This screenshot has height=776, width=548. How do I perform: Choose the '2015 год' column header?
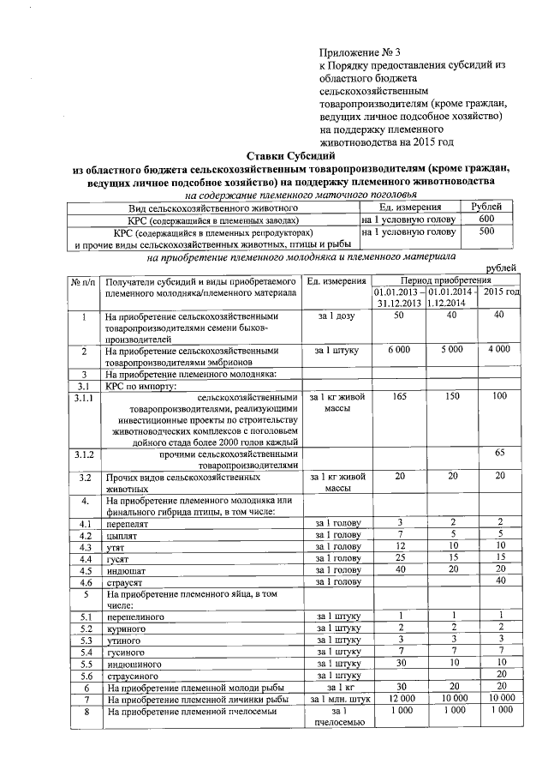point(502,293)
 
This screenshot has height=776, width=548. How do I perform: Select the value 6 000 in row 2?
point(398,350)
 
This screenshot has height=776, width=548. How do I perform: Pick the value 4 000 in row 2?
point(498,350)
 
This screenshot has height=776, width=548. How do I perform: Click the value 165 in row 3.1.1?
point(398,397)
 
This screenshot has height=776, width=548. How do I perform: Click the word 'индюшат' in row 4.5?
point(126,570)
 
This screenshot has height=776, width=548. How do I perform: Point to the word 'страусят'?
point(126,582)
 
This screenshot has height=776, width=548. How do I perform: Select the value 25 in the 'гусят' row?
point(398,558)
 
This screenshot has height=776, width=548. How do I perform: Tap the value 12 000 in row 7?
point(398,699)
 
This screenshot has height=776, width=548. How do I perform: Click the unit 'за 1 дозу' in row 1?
point(337,316)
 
